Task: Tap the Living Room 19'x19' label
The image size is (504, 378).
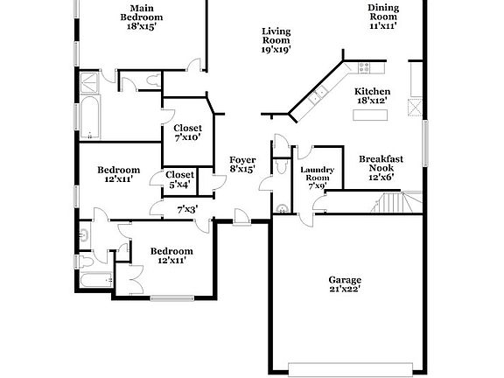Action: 276,40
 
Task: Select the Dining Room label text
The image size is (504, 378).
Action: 382,17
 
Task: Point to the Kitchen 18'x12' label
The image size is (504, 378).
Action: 372,96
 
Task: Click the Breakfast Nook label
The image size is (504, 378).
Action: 381,167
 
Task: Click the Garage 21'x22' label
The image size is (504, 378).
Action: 345,283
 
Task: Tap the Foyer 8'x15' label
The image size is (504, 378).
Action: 242,164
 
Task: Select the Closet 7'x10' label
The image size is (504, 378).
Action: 187,133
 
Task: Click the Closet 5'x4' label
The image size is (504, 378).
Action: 181,179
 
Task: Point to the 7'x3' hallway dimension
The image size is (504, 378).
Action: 186,209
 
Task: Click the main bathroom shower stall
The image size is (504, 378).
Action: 90,83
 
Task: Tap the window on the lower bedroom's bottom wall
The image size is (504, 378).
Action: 171,298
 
